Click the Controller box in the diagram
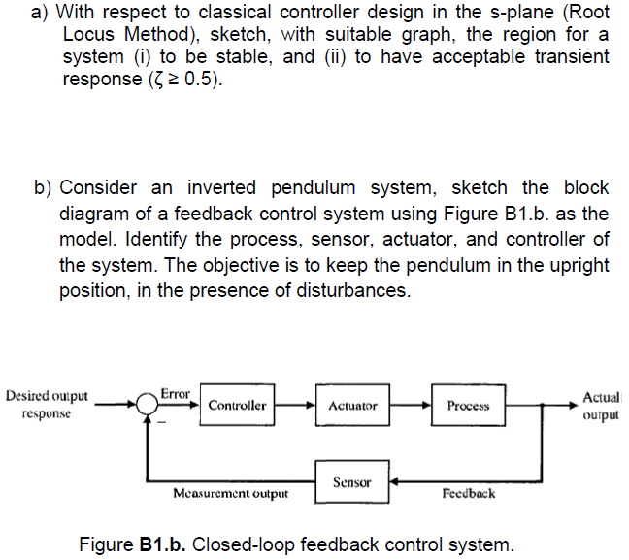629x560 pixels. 237,406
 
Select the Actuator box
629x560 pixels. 353,406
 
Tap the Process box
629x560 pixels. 469,406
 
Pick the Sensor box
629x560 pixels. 351,481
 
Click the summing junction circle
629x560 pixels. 148,407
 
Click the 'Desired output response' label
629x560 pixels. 47,405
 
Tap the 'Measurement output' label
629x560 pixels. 230,494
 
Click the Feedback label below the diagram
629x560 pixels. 468,494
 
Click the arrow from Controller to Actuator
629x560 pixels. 294,406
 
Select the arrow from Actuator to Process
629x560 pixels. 411,406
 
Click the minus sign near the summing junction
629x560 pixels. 163,422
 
